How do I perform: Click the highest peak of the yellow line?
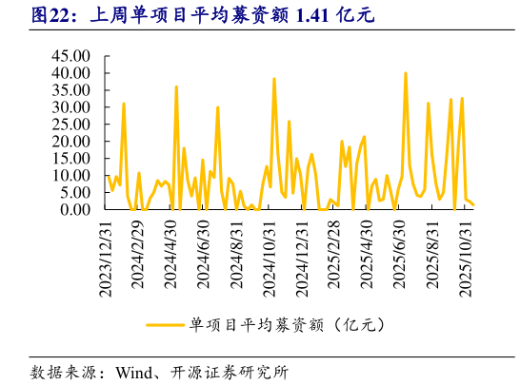point(406,73)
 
